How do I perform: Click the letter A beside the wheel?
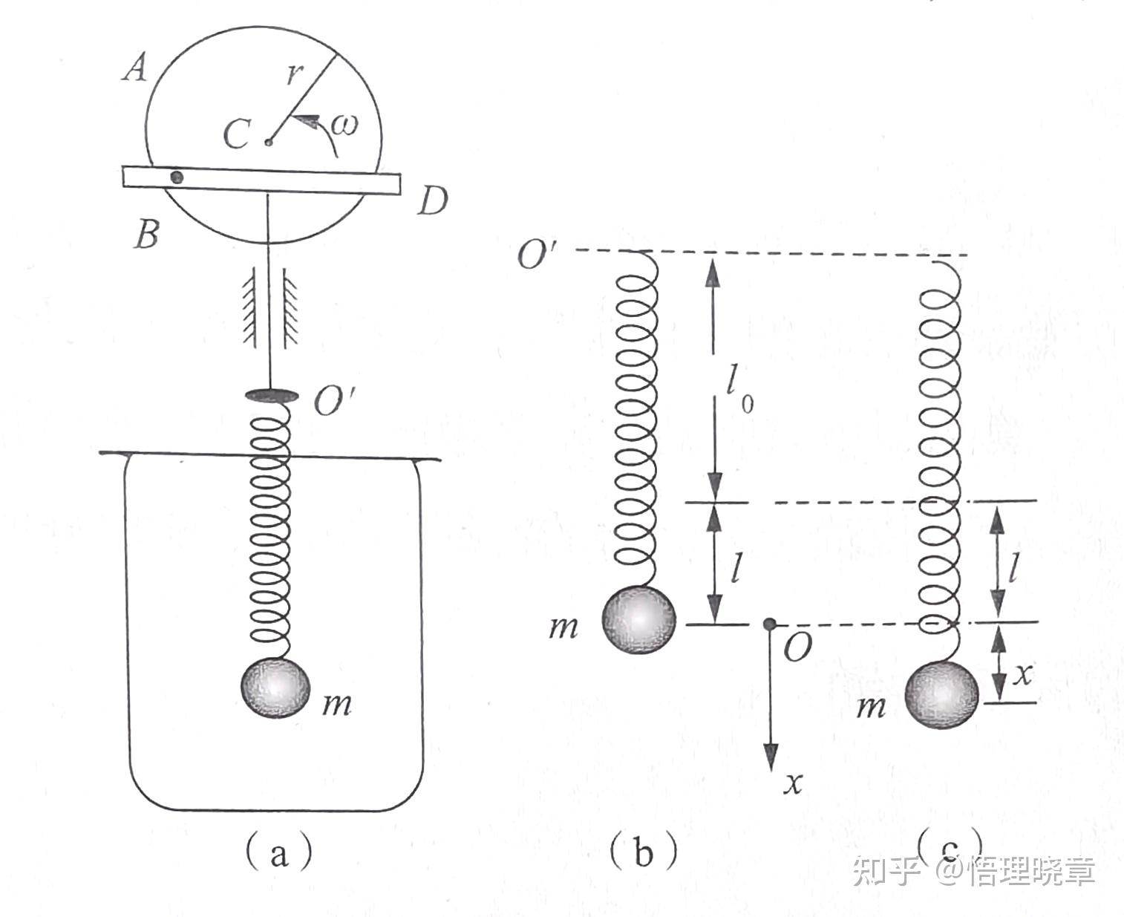[135, 68]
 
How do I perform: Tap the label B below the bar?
[146, 235]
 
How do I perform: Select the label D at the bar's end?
[432, 201]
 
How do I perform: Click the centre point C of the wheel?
[269, 143]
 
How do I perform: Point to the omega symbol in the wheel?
[344, 125]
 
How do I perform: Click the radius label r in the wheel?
[294, 74]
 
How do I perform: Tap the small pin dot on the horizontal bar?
[177, 177]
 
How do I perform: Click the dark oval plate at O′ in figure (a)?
[271, 395]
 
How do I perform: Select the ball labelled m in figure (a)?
[275, 688]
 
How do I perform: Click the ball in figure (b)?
[639, 619]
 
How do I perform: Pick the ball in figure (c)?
[941, 695]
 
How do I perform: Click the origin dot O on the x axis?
[769, 623]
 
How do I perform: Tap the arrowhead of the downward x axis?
[771, 757]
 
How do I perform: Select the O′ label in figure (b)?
[538, 254]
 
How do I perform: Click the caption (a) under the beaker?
[278, 854]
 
